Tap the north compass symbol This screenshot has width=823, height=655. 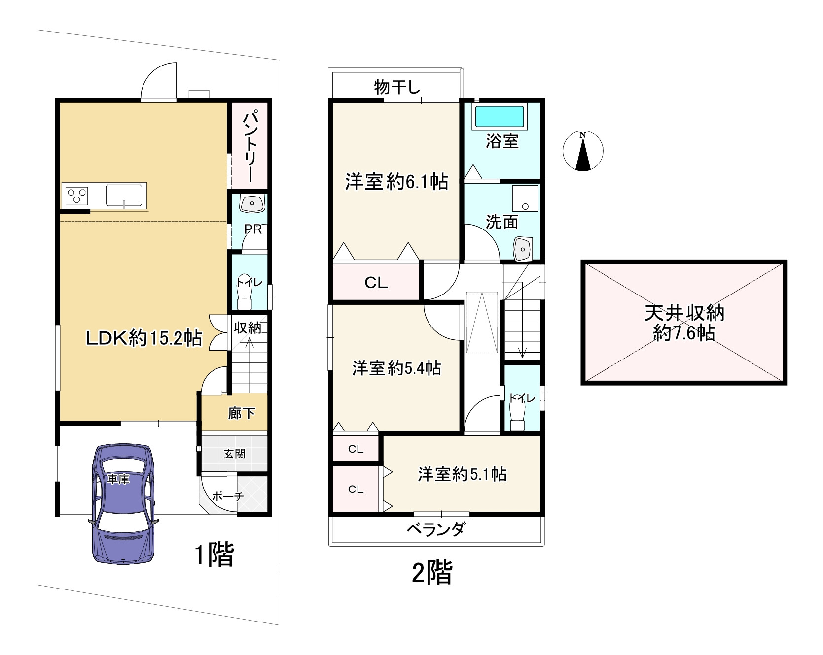pos(583,151)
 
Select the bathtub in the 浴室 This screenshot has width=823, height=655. pos(499,117)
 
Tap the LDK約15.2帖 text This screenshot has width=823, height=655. pos(143,338)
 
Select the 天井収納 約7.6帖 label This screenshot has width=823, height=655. pos(683,323)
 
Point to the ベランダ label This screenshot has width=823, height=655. pos(435,530)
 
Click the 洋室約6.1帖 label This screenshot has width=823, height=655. pos(396,182)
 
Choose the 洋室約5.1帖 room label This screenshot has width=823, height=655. pos(462,474)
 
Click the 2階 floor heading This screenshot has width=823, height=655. pos(431,573)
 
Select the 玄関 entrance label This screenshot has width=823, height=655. pos(234,454)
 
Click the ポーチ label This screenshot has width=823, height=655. pos(227,496)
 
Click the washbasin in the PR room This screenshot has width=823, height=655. pos(252,203)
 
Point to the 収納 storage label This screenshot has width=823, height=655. pos(248,327)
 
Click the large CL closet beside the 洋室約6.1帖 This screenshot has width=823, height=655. pos(376,282)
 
